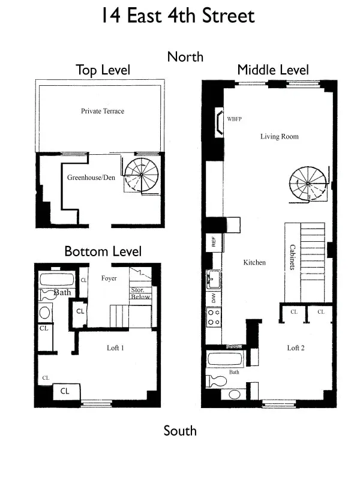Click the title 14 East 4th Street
[179, 16]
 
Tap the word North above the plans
[185, 57]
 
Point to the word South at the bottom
[180, 431]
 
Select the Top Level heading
[103, 70]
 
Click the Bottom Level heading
[103, 251]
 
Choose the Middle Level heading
[272, 70]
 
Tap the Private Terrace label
[103, 111]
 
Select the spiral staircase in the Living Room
[309, 182]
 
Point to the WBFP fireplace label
[235, 119]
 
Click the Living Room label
[279, 137]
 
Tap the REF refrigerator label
[213, 242]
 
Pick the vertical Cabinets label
[292, 256]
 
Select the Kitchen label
[254, 263]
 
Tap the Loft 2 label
[296, 348]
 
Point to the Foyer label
[109, 278]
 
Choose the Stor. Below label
[141, 293]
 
